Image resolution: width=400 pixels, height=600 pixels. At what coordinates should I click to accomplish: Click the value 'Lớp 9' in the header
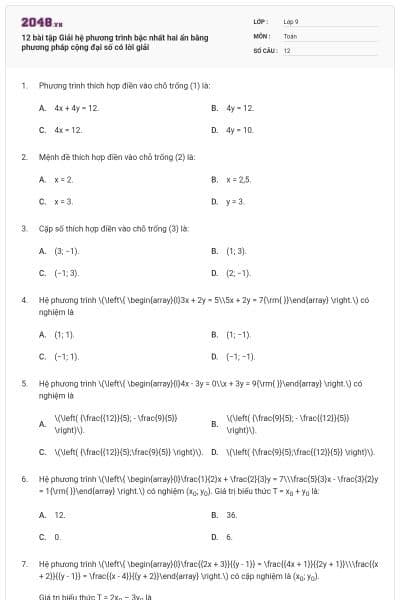[291, 21]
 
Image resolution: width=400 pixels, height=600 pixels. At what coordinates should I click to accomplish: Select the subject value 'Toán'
[290, 35]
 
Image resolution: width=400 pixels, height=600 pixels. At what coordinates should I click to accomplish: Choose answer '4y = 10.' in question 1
[240, 130]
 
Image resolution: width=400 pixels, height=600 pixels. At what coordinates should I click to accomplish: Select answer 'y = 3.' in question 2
[235, 201]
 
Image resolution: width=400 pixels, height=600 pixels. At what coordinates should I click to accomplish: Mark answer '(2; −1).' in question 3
[238, 273]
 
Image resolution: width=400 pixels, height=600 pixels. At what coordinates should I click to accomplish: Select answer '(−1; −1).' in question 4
[241, 356]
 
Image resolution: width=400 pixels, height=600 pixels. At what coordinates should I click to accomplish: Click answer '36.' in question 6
[232, 515]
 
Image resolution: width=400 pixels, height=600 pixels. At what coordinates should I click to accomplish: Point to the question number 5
[24, 383]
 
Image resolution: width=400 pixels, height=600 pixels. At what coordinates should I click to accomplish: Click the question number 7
[24, 565]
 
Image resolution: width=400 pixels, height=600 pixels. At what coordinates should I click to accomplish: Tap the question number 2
[24, 157]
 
